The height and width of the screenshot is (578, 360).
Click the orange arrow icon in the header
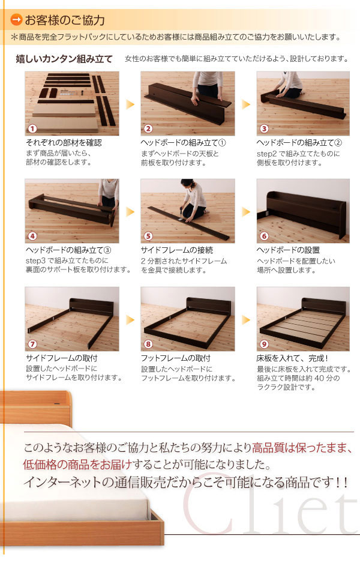click(17, 20)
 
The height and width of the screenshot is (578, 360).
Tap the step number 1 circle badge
click(32, 128)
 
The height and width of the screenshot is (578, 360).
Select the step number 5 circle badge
click(148, 236)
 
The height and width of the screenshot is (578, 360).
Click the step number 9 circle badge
click(264, 344)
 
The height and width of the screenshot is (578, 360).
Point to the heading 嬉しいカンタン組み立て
click(64, 59)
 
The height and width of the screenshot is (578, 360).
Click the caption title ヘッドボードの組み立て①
click(183, 143)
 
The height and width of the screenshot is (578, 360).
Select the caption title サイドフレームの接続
click(177, 250)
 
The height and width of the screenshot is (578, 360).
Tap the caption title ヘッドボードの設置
click(288, 250)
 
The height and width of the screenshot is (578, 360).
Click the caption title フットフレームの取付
click(175, 358)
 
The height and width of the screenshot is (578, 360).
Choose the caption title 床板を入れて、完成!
click(292, 358)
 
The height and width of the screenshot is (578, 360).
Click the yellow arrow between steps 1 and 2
click(130, 104)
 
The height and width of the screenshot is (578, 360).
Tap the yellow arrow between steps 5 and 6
click(246, 212)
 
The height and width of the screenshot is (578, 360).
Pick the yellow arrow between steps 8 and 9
click(246, 319)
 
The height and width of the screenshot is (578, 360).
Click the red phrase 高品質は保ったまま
click(300, 448)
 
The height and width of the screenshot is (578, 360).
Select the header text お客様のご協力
click(65, 20)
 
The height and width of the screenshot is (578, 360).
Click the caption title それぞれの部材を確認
click(64, 143)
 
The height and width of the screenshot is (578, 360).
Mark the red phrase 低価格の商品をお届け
click(77, 465)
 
